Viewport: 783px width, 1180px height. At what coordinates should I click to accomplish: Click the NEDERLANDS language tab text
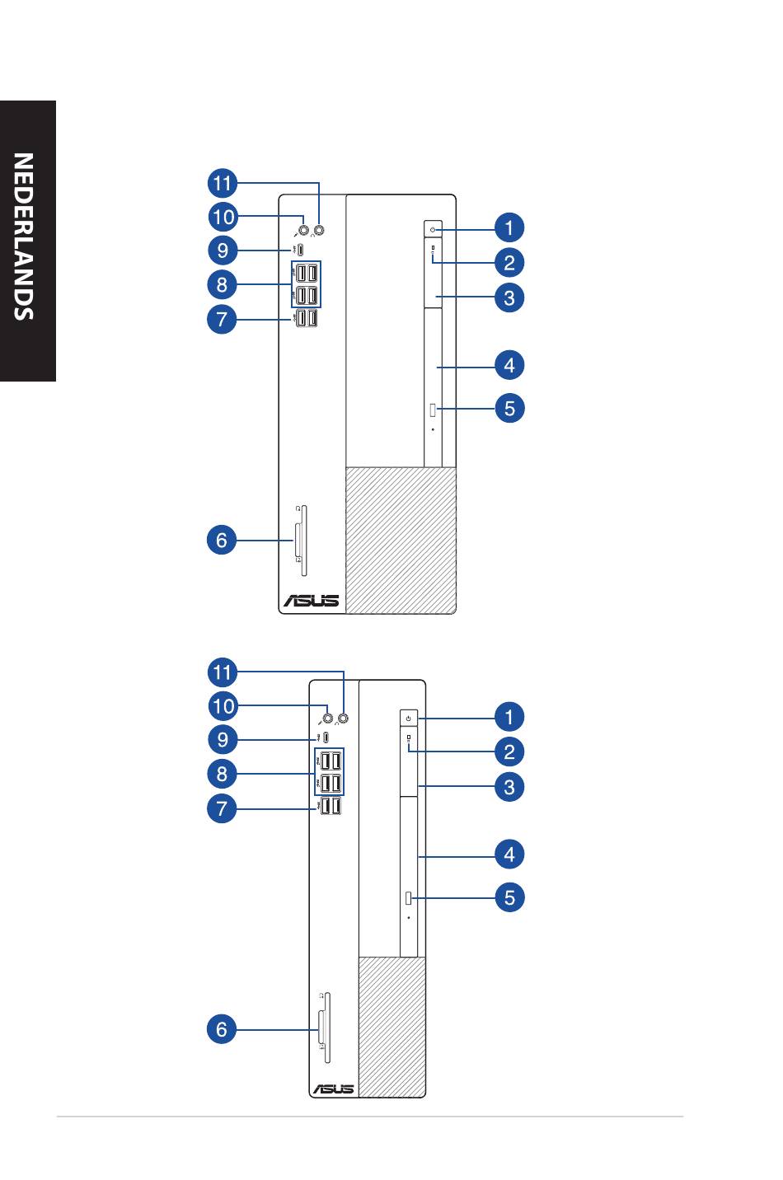[x=24, y=236]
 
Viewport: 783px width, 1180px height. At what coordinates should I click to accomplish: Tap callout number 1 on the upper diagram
[x=509, y=228]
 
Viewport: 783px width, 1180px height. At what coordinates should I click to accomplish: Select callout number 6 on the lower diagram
[x=222, y=1029]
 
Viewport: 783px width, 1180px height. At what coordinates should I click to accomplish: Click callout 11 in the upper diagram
[x=223, y=183]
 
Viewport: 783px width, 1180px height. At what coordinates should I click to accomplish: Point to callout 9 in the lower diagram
[x=223, y=740]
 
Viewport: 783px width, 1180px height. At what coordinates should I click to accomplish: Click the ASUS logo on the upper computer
[x=312, y=600]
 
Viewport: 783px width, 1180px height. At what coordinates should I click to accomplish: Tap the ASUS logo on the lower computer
[x=334, y=1089]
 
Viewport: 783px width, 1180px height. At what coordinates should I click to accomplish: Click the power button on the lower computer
[x=408, y=718]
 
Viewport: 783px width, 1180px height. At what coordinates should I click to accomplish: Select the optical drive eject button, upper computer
[x=434, y=409]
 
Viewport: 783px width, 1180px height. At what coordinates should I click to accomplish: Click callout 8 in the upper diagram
[x=222, y=284]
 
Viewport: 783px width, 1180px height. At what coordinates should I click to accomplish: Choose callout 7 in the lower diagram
[x=222, y=808]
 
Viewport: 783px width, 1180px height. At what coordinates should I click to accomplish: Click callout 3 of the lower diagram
[x=509, y=787]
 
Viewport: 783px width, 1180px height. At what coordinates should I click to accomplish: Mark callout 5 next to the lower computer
[x=509, y=897]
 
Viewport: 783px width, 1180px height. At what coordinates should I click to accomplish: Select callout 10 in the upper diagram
[x=223, y=217]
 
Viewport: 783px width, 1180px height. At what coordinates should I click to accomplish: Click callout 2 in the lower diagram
[x=509, y=752]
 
